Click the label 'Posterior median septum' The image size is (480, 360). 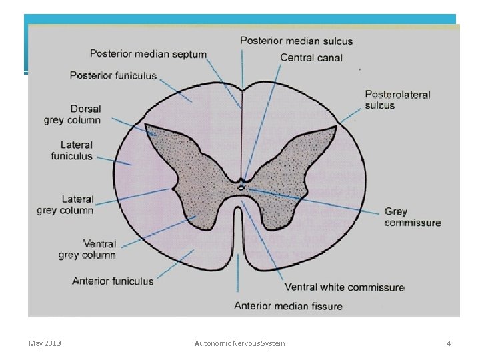point(148,54)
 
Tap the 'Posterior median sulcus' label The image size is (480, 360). point(296,41)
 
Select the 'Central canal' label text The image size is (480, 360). point(311,57)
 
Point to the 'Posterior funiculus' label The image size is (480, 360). point(113,75)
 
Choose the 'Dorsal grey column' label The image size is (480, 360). point(73,114)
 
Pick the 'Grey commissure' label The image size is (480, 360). point(412,217)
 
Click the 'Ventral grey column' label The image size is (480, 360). point(87,249)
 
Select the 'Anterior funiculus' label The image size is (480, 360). point(113,281)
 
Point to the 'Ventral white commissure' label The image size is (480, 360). point(344,287)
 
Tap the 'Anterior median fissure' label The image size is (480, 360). point(288,306)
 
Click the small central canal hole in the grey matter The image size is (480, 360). point(241,188)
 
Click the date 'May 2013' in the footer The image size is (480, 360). point(45,343)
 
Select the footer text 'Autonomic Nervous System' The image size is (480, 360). point(239,343)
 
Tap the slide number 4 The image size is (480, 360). point(449,343)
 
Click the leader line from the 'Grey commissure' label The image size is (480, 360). point(313,199)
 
